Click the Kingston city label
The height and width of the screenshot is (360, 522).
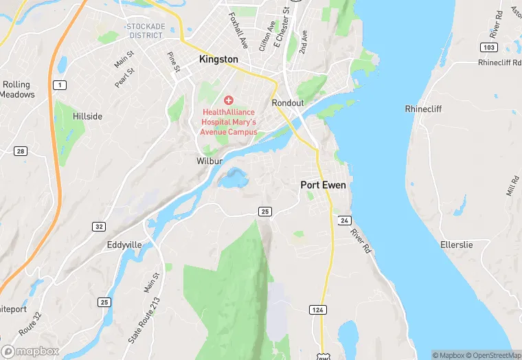point(218,60)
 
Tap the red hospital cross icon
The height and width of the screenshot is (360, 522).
point(229,100)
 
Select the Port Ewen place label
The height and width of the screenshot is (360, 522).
point(324,185)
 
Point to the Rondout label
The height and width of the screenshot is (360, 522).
point(288,103)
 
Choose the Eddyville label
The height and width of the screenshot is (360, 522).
point(124,245)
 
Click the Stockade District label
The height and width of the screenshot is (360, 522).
point(145,30)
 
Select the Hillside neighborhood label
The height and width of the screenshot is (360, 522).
point(87,117)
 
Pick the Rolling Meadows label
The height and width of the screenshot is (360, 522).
point(18,90)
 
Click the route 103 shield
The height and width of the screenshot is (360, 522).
point(488,47)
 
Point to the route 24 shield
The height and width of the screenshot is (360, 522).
point(345,220)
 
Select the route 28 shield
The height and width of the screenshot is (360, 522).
point(21,151)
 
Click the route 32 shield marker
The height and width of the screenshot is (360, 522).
point(99,226)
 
